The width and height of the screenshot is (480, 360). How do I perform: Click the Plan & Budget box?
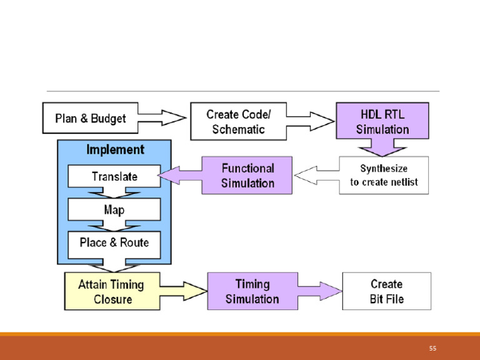tap(90, 118)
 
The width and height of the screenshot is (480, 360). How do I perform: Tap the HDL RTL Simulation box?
tap(382, 121)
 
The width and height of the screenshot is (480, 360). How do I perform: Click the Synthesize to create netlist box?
tap(384, 175)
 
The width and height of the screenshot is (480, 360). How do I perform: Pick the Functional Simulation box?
tap(247, 175)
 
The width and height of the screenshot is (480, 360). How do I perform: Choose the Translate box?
tap(114, 176)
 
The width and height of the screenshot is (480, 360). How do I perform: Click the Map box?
tap(114, 209)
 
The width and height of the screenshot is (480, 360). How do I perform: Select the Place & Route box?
tap(114, 242)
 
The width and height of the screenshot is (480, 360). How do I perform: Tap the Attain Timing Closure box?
tap(111, 291)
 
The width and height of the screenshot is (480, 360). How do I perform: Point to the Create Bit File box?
tap(386, 291)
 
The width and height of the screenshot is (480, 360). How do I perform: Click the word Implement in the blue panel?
tap(114, 150)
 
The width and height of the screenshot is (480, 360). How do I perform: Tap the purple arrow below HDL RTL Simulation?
tap(382, 147)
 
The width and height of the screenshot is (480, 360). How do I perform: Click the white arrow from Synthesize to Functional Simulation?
tap(316, 176)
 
